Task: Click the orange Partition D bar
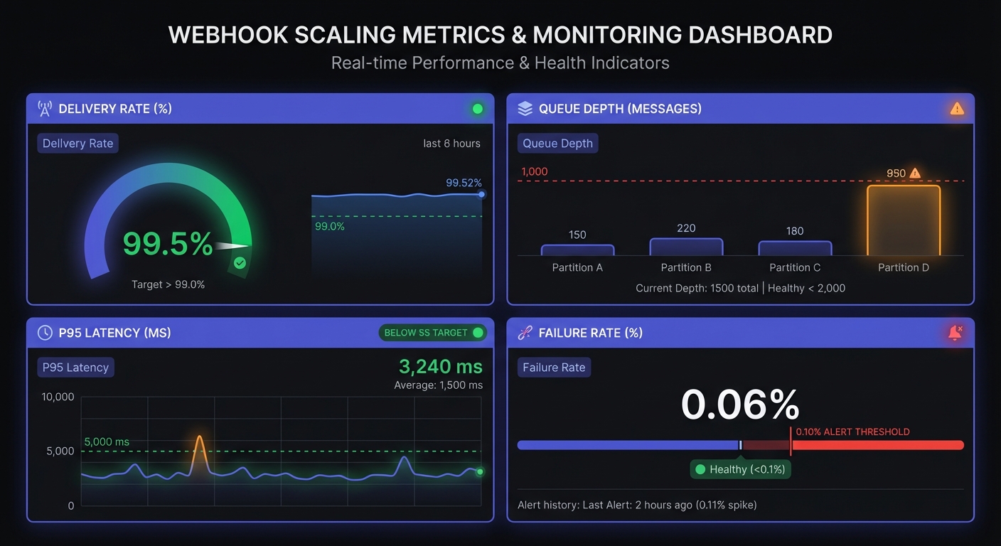(903, 220)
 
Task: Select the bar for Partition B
(686, 247)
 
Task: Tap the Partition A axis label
(577, 268)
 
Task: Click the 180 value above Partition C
(795, 231)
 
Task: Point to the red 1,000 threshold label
(535, 171)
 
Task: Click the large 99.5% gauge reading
(168, 244)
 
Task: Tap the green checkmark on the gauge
(240, 263)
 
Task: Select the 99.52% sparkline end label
(464, 183)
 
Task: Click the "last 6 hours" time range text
(451, 144)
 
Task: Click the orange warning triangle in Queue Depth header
(957, 109)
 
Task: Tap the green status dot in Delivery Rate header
(478, 109)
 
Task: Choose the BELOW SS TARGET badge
(433, 333)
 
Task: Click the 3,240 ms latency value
(440, 367)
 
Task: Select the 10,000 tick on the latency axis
(58, 397)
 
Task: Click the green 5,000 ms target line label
(107, 442)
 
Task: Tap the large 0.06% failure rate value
(740, 405)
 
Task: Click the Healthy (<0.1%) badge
(741, 469)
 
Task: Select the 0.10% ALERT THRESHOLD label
(852, 432)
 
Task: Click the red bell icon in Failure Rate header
(955, 333)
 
